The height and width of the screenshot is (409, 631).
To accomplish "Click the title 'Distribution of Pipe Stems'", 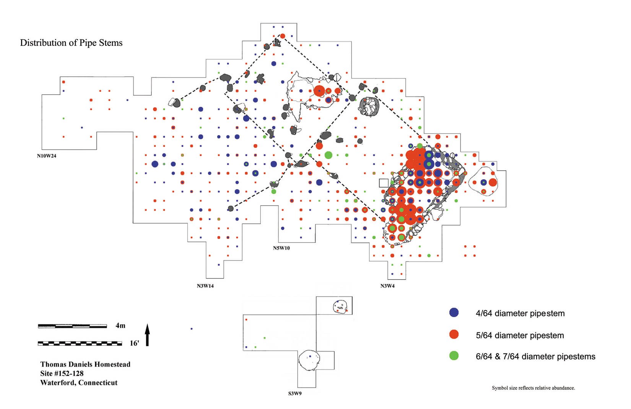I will [71, 43].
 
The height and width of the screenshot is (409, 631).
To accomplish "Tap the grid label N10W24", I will [47, 156].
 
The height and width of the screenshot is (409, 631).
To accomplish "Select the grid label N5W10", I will [281, 248].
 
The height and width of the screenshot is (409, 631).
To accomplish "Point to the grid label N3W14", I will [205, 286].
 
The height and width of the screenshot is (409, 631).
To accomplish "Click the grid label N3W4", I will [387, 286].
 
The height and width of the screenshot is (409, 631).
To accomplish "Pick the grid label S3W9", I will [295, 393].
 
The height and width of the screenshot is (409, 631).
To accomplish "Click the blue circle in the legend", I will [454, 312].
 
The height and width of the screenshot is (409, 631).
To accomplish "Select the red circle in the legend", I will [454, 334].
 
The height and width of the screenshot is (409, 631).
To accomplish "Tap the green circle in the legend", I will [454, 356].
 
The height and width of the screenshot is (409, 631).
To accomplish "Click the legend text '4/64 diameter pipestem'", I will [520, 313].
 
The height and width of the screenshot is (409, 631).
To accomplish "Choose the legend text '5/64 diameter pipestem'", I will [520, 335].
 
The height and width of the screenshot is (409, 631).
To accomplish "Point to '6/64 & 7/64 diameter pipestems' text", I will [535, 357].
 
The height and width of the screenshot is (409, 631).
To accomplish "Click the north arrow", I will [147, 334].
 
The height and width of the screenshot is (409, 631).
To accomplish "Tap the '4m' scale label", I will [120, 326].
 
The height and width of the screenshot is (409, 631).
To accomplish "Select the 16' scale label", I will [134, 343].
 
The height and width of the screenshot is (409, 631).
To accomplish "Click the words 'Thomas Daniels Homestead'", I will [85, 364].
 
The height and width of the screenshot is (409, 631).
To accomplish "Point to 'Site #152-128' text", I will [62, 373].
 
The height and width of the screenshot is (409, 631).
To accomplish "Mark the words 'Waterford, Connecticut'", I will [79, 383].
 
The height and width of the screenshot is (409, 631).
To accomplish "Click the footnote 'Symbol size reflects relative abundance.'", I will [533, 388].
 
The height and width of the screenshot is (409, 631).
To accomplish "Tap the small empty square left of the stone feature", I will [384, 183].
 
